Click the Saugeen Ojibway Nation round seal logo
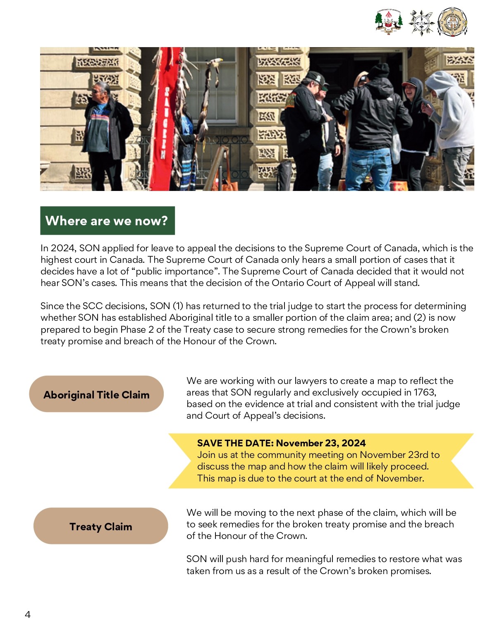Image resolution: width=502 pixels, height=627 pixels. tap(452, 22)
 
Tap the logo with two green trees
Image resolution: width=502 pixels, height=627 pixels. tap(388, 21)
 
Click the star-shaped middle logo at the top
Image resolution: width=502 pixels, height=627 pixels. tap(421, 22)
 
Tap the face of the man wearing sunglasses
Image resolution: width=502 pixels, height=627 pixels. tap(99, 92)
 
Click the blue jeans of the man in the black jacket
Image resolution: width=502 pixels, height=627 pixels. tap(368, 167)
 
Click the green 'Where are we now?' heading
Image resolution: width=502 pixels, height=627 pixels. tap(107, 221)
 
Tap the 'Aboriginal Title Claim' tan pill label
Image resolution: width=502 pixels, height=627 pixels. tap(96, 394)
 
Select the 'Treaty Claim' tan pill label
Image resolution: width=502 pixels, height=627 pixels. tap(100, 526)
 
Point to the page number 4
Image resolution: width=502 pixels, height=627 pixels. tap(28, 615)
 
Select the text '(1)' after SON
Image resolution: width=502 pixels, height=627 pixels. tap(178, 306)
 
